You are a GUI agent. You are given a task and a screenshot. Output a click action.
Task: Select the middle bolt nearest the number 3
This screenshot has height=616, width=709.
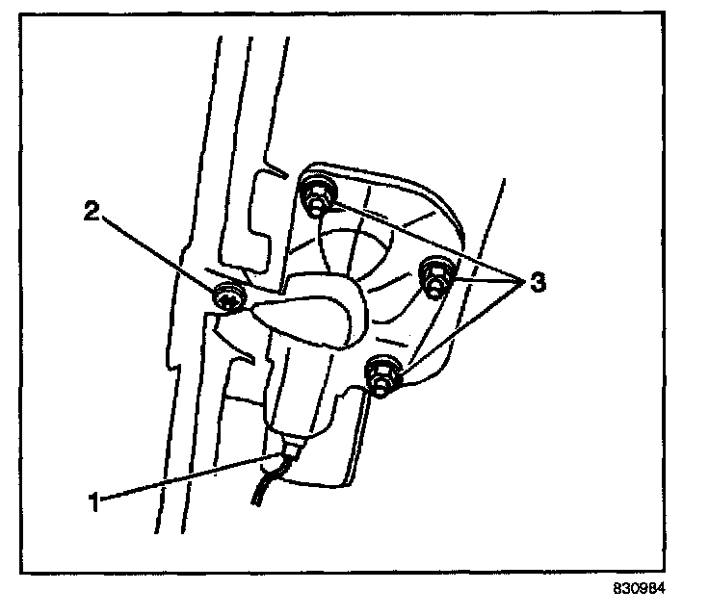click(x=434, y=275)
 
